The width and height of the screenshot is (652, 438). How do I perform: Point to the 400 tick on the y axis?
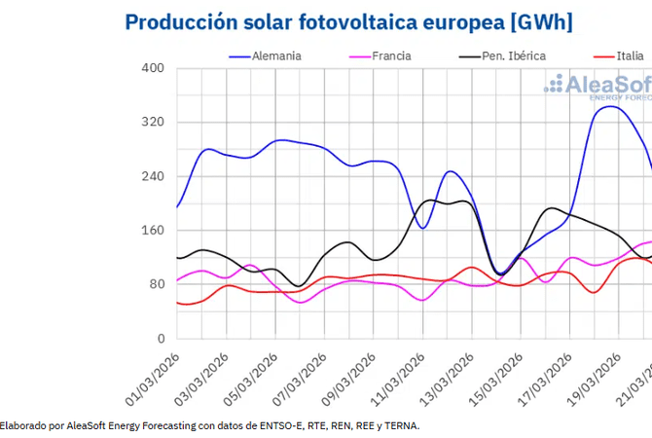(154, 68)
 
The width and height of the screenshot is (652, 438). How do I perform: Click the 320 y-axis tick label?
(154, 123)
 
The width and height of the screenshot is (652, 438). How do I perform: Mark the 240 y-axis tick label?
(154, 176)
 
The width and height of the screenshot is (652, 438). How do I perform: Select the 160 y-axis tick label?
(154, 231)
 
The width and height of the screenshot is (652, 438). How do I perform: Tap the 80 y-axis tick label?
(157, 284)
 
